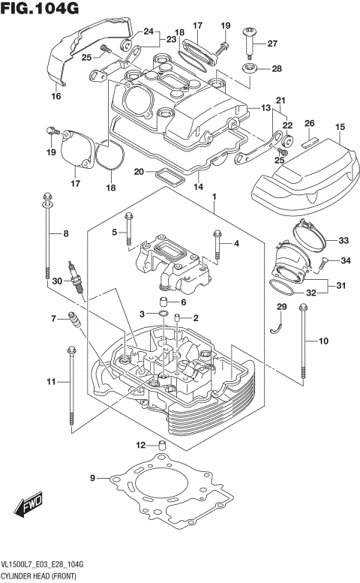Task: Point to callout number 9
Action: click(93, 478)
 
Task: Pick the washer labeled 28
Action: click(248, 69)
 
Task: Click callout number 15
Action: click(340, 127)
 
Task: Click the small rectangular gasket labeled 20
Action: click(169, 178)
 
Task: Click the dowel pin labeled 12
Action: click(160, 447)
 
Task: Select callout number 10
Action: click(324, 342)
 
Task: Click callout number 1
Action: click(214, 199)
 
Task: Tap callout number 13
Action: click(265, 108)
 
